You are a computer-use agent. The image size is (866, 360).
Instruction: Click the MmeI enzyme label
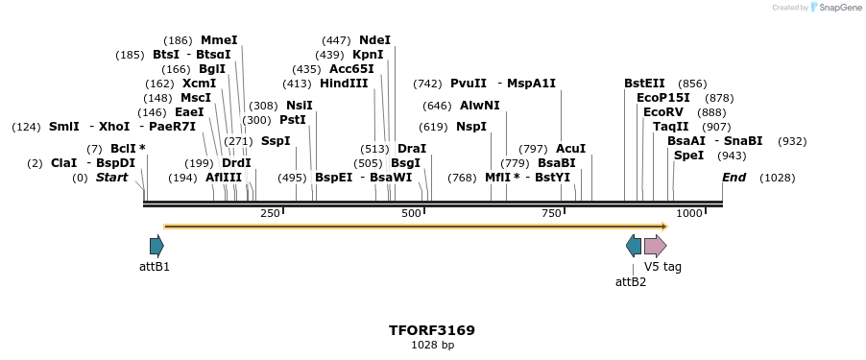(x=218, y=40)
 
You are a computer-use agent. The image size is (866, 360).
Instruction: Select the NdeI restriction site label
(x=374, y=40)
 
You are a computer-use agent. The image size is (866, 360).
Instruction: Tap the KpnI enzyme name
(x=368, y=55)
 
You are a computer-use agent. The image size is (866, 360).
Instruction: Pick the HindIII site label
(x=344, y=84)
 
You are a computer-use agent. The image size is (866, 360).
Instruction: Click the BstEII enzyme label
(x=644, y=84)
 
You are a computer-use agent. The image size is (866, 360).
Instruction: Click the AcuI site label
(x=570, y=149)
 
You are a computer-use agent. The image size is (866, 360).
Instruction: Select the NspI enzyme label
(x=471, y=127)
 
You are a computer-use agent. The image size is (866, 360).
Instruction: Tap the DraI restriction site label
(x=412, y=149)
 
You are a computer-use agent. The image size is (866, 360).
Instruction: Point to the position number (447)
(x=336, y=40)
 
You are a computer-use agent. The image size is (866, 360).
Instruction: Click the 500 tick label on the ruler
(x=411, y=213)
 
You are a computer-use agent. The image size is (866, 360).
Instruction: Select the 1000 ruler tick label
(x=688, y=213)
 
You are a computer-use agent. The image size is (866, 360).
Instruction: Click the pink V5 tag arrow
(x=655, y=245)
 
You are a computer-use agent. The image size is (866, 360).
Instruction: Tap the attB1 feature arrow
(x=156, y=245)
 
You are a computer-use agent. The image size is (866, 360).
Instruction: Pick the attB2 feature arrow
(x=634, y=245)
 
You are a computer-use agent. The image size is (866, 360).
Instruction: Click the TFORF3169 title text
(x=432, y=330)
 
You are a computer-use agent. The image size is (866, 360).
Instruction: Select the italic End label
(x=734, y=178)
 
